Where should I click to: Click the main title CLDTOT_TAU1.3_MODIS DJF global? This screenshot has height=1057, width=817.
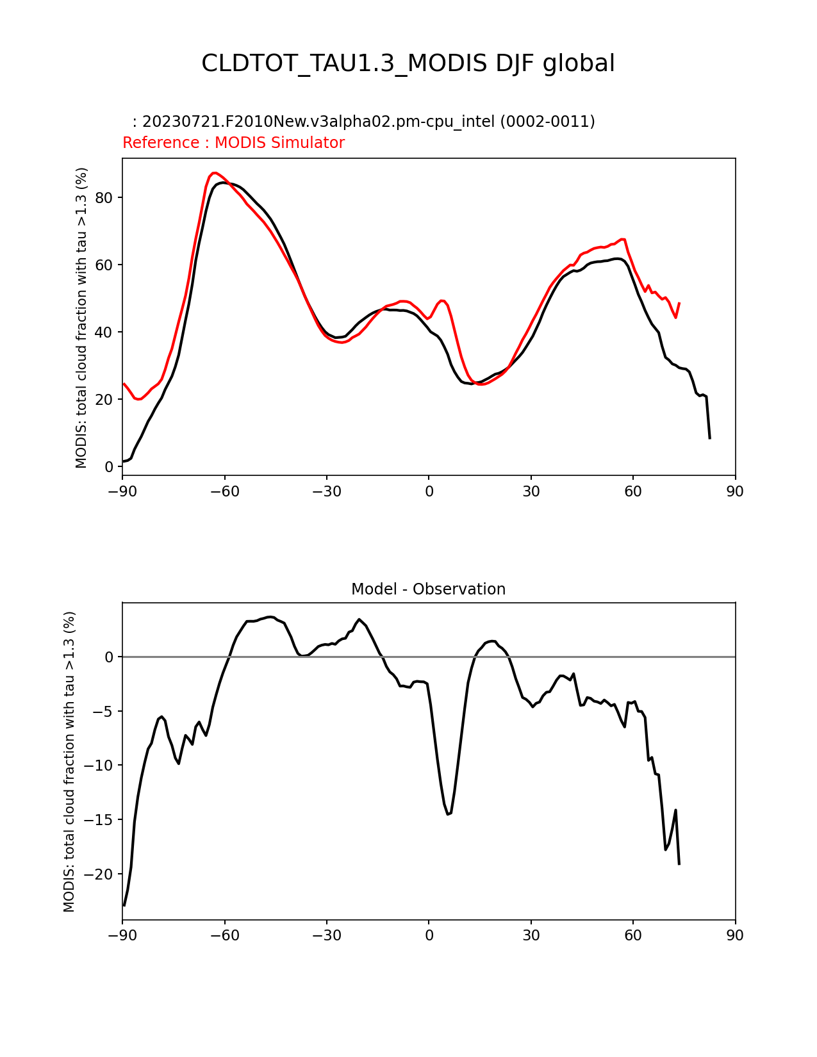click(x=408, y=63)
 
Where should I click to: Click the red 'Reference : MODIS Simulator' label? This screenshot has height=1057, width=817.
click(x=233, y=143)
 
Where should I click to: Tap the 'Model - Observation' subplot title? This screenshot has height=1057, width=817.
click(x=428, y=589)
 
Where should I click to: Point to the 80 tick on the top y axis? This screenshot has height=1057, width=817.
click(x=104, y=197)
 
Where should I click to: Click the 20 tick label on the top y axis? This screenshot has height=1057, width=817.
click(x=104, y=400)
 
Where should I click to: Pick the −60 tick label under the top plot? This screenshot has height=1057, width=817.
click(x=224, y=491)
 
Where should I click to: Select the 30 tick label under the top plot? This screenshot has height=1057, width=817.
click(x=531, y=491)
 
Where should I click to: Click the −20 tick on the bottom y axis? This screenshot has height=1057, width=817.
click(x=99, y=874)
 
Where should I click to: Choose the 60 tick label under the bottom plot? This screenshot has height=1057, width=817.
click(x=632, y=935)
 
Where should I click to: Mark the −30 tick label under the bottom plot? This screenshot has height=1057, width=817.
click(x=326, y=935)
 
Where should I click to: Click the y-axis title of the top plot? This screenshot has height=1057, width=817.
click(x=81, y=318)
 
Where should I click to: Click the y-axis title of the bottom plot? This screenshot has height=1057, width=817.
click(x=69, y=761)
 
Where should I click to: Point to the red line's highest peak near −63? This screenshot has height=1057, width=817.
click(x=215, y=173)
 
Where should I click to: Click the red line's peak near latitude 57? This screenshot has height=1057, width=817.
click(x=623, y=239)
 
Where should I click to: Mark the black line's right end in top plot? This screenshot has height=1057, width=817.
click(x=709, y=438)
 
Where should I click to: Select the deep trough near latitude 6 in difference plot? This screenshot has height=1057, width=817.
click(x=449, y=814)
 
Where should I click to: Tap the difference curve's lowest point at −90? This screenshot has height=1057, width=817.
click(x=124, y=905)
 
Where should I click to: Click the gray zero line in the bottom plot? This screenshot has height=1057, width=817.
click(x=577, y=657)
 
